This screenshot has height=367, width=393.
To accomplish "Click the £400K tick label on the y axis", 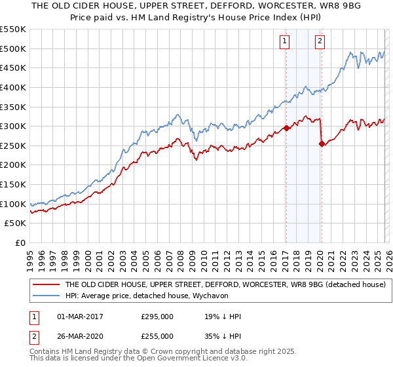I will [13, 87].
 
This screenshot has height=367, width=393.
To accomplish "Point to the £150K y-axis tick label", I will [13, 184].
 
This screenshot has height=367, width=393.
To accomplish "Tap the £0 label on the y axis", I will [20, 242].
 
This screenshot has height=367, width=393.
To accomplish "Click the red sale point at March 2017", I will [286, 128].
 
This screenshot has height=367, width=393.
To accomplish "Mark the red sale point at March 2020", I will [322, 144].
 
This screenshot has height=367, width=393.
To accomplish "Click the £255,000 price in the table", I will [157, 336].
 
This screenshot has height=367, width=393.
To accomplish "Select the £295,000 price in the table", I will [157, 317].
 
